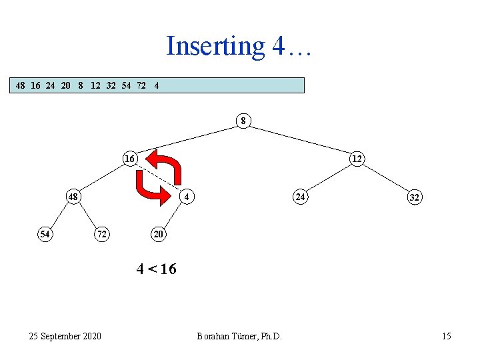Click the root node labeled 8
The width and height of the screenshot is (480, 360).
click(243, 121)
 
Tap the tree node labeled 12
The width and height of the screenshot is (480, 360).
click(357, 159)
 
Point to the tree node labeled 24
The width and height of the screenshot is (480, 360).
click(301, 197)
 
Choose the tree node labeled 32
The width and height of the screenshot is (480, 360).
click(414, 197)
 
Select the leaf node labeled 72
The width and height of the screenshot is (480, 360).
click(102, 234)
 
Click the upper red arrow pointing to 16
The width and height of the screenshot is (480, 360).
click(165, 166)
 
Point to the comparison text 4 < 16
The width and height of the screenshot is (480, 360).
click(156, 269)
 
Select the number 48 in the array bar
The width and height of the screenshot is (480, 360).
click(21, 85)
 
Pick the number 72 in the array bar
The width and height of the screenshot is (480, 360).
click(141, 85)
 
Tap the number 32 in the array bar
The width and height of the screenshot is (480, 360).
click(111, 85)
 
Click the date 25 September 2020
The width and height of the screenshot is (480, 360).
click(65, 335)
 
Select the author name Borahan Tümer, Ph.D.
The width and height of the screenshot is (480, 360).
click(239, 336)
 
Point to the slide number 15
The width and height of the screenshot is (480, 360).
click(446, 336)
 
